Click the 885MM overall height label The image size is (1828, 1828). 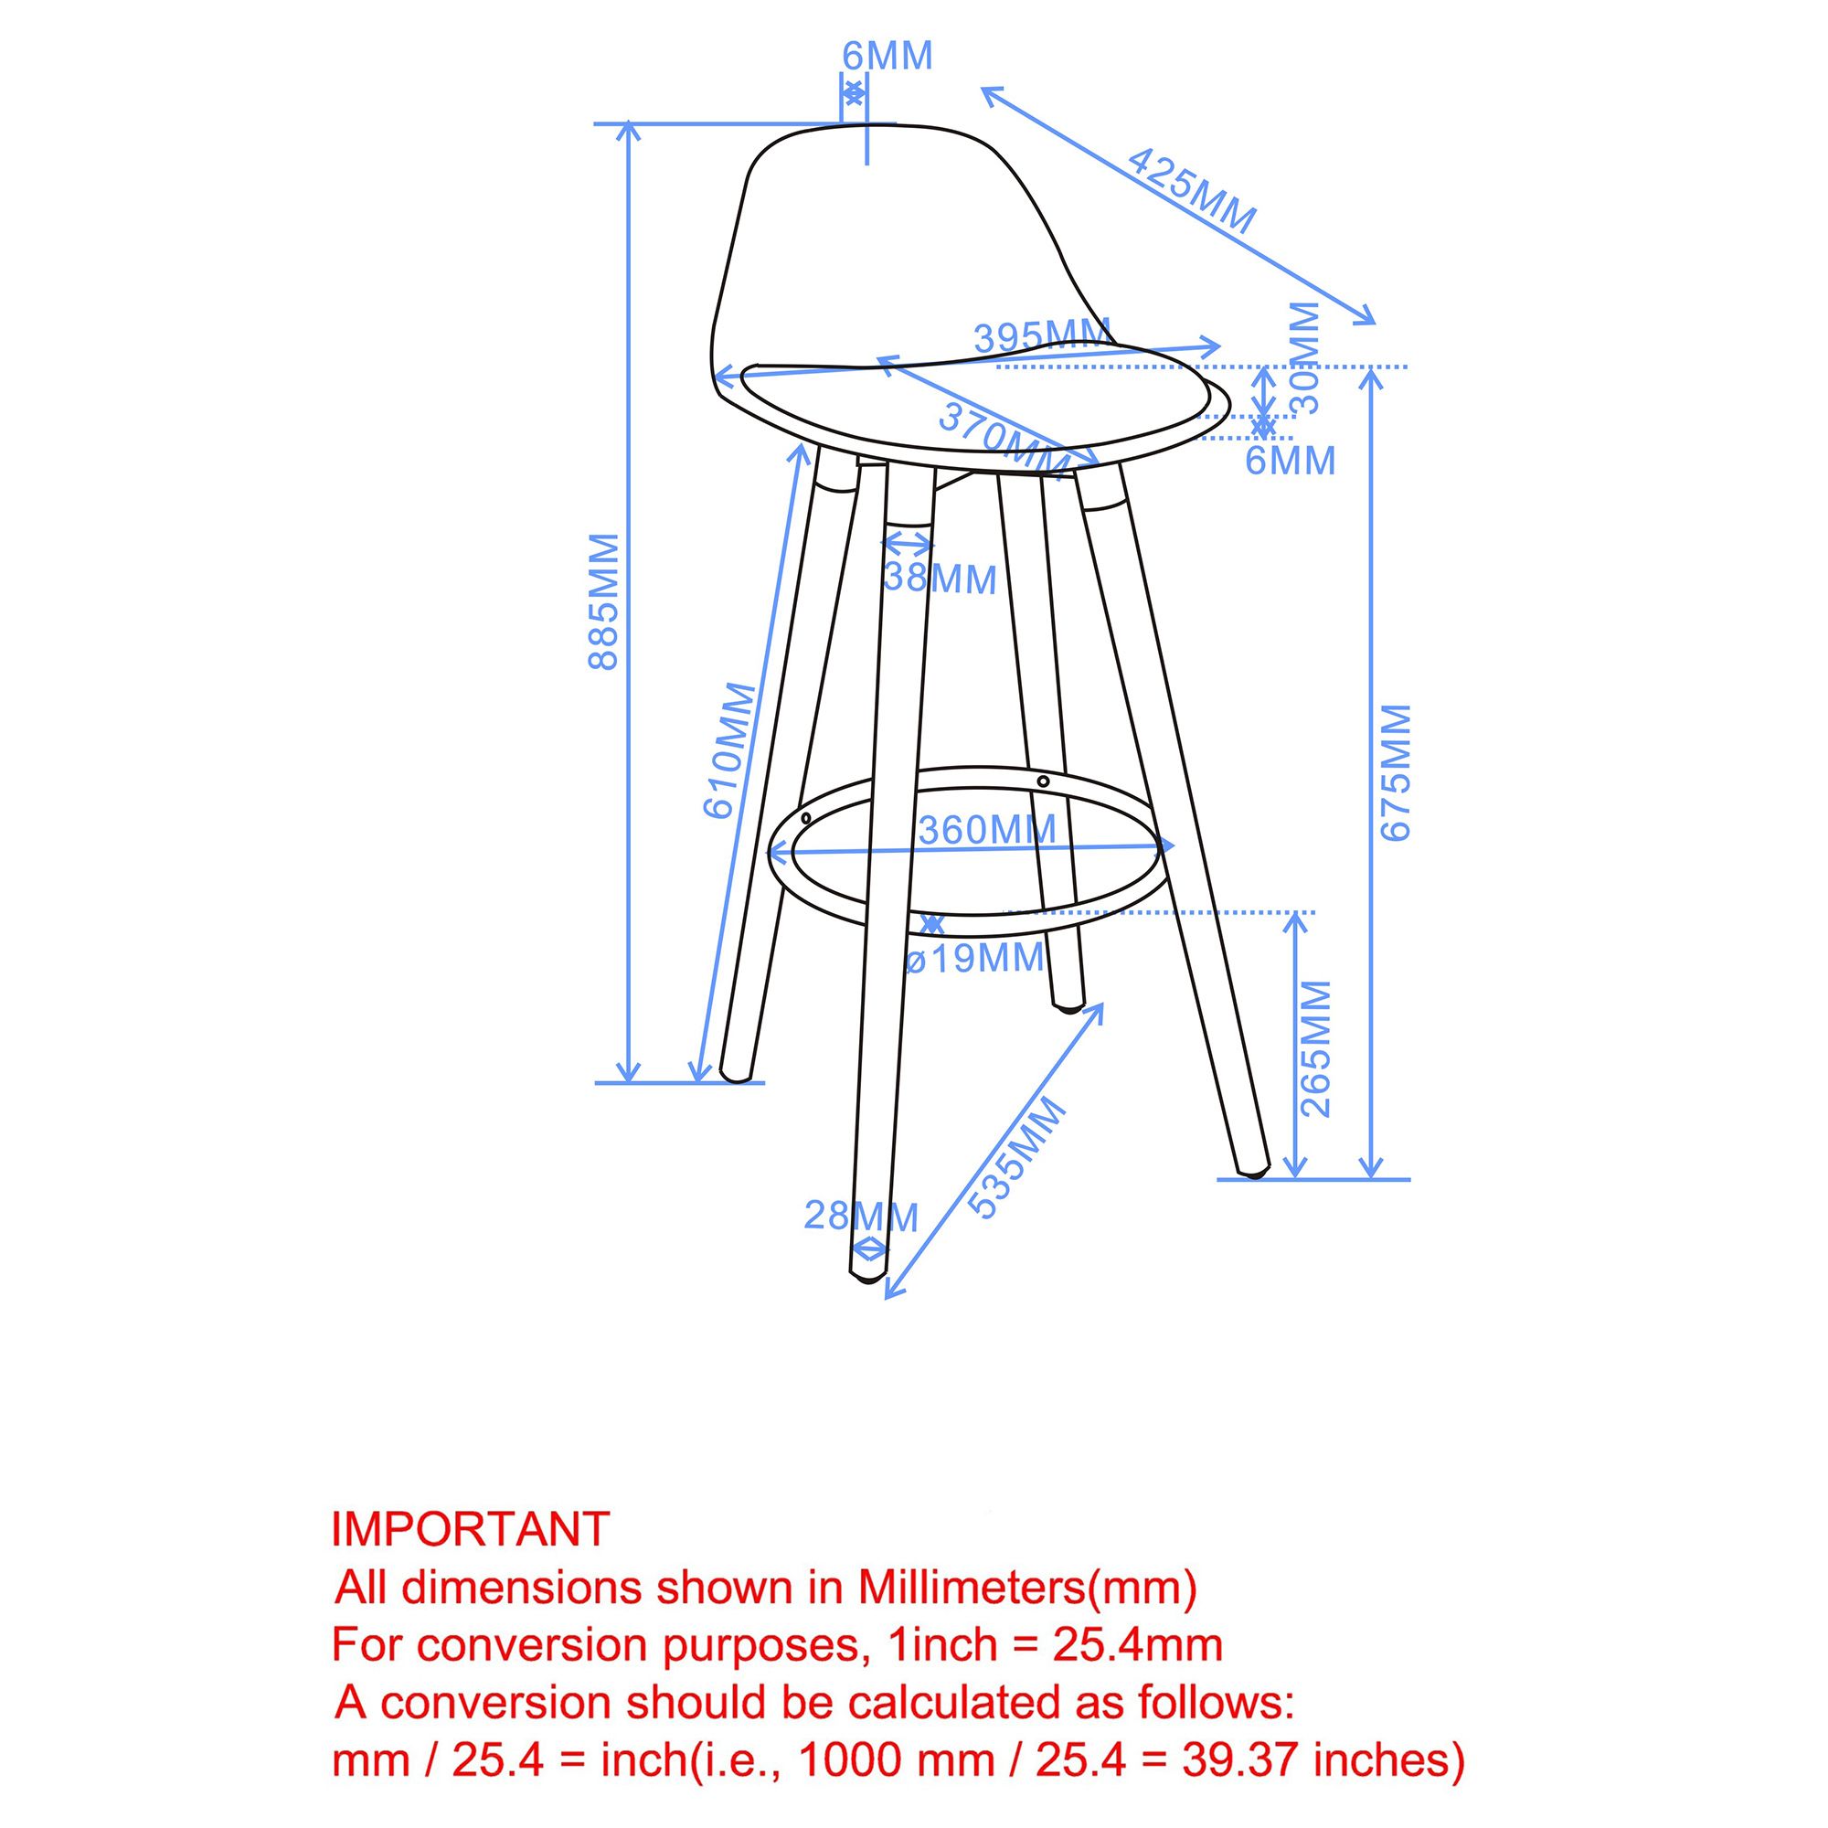603,601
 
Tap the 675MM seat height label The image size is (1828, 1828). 1396,772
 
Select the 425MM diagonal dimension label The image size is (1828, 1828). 1191,191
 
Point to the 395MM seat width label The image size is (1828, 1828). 1042,337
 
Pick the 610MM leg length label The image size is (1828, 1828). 730,749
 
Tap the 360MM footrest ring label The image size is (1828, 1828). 987,831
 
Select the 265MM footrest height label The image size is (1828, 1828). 1316,1048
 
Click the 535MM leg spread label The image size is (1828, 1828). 1017,1156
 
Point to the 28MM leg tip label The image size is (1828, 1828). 861,1216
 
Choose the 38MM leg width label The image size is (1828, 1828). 940,579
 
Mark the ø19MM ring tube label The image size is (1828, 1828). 974,958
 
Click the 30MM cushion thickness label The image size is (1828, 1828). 1306,357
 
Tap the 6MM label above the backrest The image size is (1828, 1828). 887,57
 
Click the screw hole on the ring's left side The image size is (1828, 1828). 805,817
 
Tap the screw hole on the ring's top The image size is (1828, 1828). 1043,781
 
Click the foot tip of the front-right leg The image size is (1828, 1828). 1256,1174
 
